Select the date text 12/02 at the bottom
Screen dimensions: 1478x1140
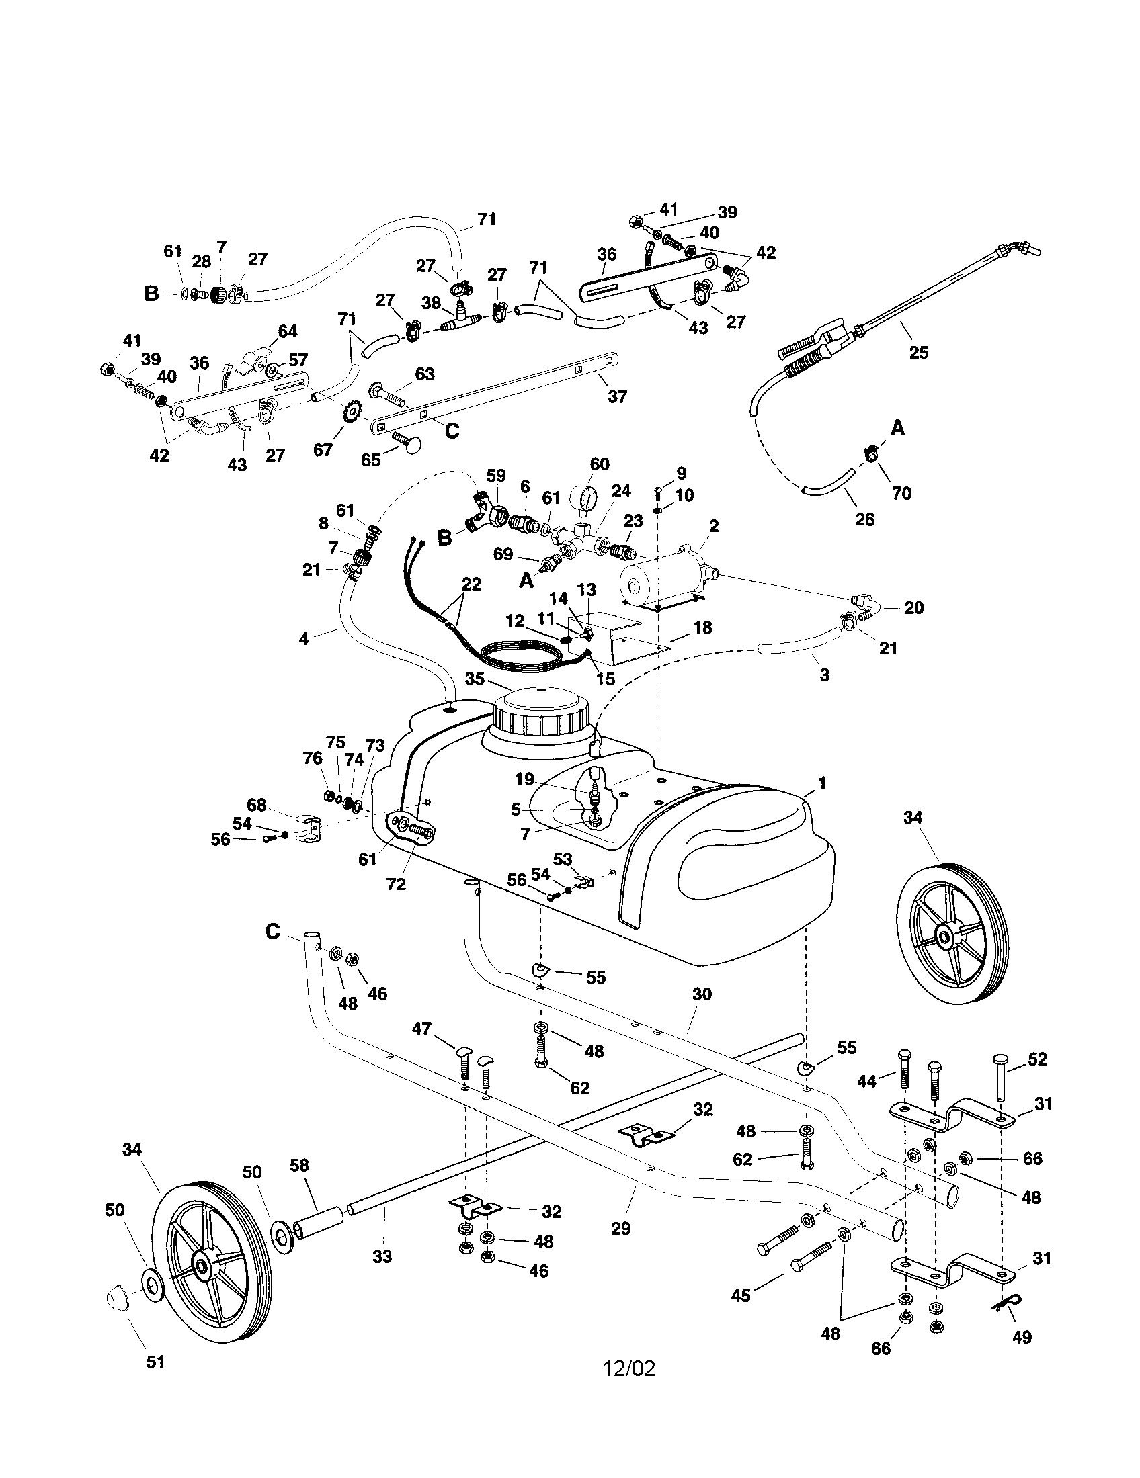629,1369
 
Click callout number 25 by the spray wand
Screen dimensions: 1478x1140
919,352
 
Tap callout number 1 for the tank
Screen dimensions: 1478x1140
821,783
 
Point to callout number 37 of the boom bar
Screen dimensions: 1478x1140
616,396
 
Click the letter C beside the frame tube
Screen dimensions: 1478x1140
272,932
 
